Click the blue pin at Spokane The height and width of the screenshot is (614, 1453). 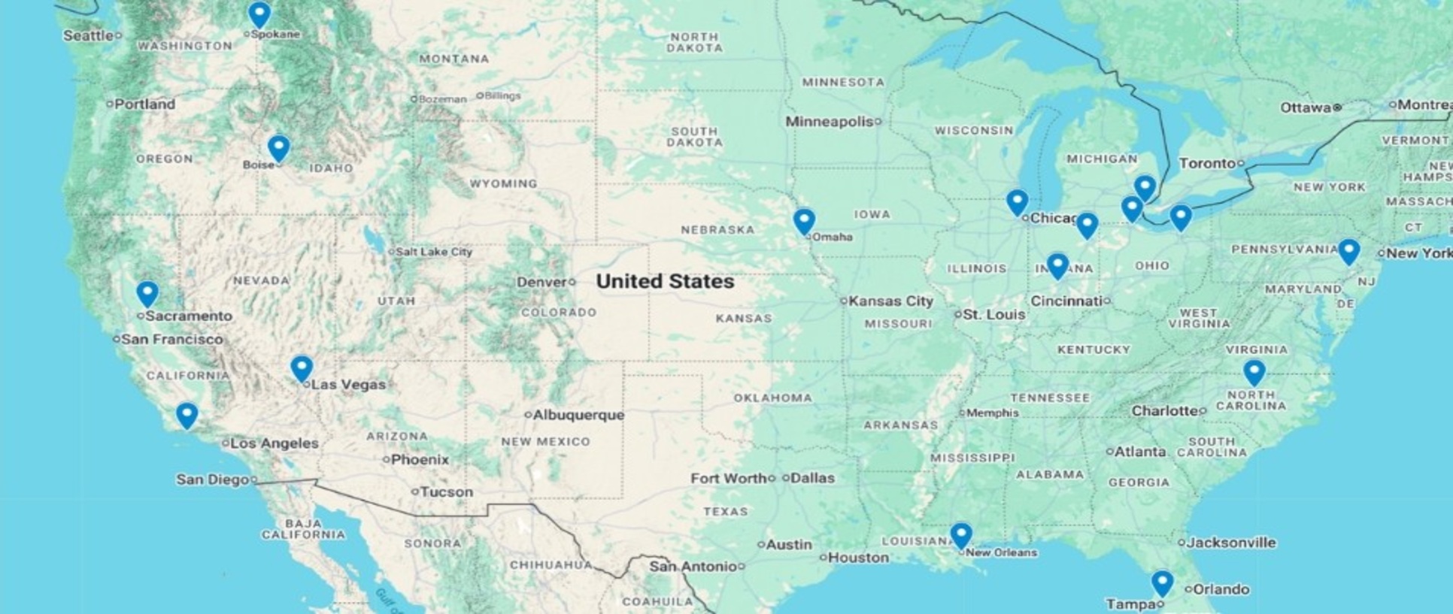click(x=259, y=14)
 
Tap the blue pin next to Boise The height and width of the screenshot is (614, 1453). click(x=278, y=147)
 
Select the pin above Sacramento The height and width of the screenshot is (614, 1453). click(x=147, y=292)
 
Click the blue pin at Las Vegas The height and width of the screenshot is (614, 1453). click(x=302, y=367)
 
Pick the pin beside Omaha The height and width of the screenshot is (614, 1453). click(x=804, y=220)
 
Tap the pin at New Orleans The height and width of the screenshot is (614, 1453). click(x=961, y=534)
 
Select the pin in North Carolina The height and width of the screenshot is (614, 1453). click(x=1254, y=371)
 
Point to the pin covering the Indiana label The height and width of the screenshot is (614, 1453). click(x=1057, y=265)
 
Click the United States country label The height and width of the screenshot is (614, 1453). click(x=665, y=281)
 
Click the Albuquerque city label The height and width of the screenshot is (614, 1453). click(x=578, y=414)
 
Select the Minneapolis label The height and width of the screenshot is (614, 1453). click(x=829, y=121)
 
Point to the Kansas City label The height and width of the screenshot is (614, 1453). click(x=890, y=301)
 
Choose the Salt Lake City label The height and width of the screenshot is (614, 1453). click(x=434, y=252)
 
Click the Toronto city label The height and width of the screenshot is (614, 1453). click(x=1207, y=163)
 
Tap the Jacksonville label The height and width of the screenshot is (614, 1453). click(x=1231, y=542)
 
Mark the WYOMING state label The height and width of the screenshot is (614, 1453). click(x=503, y=183)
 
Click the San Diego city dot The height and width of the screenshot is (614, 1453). click(x=254, y=479)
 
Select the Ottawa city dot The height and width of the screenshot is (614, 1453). click(x=1337, y=107)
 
